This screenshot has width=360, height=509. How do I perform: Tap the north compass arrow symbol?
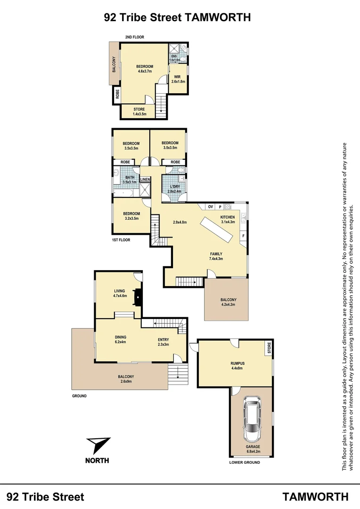[98, 445]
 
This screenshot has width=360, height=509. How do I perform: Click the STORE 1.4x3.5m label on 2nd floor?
[139, 112]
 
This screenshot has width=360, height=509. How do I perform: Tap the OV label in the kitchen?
[211, 206]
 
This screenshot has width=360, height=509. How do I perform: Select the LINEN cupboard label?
[145, 180]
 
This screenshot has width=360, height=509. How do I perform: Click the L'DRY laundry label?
[174, 189]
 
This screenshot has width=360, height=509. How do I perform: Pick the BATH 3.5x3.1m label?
[129, 180]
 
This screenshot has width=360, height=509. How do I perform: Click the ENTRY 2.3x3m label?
[163, 342]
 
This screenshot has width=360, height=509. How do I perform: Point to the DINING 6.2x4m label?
[121, 339]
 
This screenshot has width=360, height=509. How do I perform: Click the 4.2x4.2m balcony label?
[229, 302]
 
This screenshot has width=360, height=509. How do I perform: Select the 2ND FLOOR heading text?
[134, 37]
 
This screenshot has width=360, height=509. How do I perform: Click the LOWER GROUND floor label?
[245, 462]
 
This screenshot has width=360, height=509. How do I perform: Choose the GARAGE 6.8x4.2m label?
[252, 449]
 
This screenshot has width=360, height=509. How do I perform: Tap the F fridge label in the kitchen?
[243, 235]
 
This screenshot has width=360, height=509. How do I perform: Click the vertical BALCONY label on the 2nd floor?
[115, 64]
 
